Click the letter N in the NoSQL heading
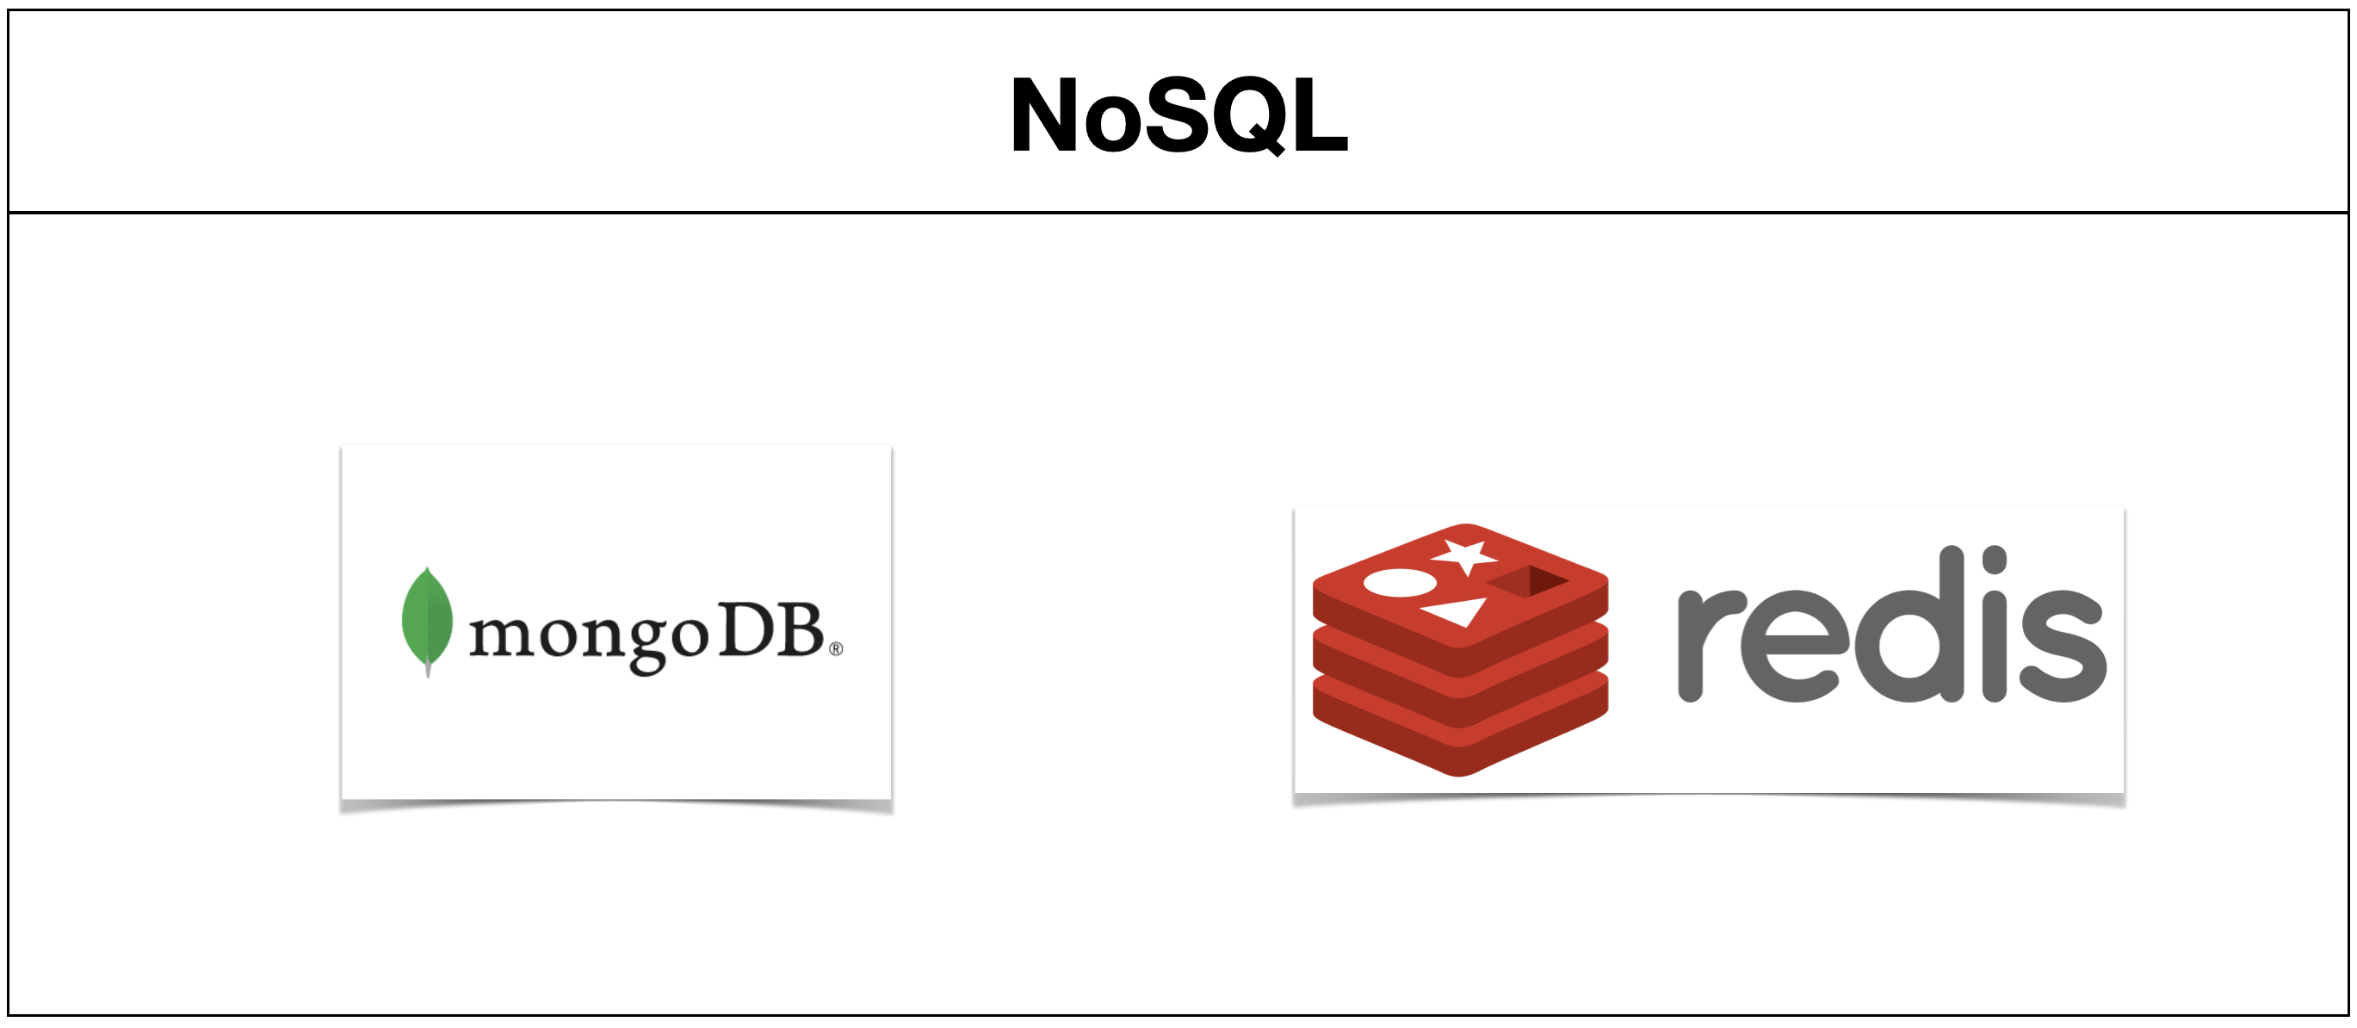point(1044,115)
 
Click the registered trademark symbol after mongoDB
point(835,649)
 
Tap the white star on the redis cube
point(1466,554)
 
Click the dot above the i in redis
point(1994,560)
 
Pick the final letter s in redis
point(2063,645)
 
